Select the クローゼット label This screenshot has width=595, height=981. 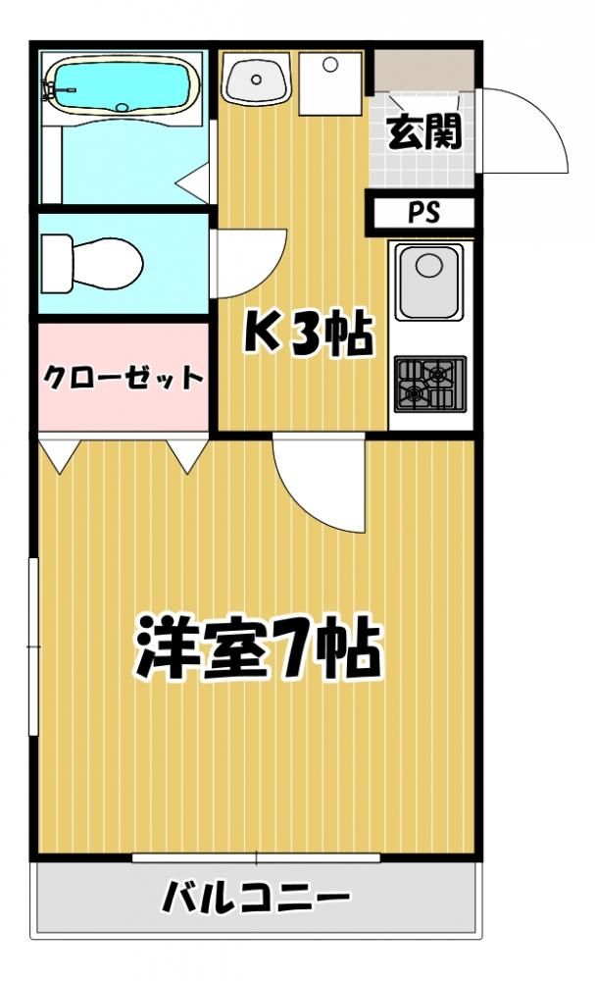[124, 377]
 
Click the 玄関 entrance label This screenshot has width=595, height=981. [424, 131]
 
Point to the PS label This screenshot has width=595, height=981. [424, 213]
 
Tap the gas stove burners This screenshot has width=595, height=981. [430, 384]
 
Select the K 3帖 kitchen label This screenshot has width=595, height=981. [308, 333]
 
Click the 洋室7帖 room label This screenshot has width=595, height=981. [258, 647]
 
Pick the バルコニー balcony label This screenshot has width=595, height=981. [256, 899]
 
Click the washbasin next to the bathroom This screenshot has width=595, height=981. [257, 79]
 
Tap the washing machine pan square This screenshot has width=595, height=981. [330, 83]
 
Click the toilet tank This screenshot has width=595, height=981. [56, 263]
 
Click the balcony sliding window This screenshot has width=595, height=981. [256, 857]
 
